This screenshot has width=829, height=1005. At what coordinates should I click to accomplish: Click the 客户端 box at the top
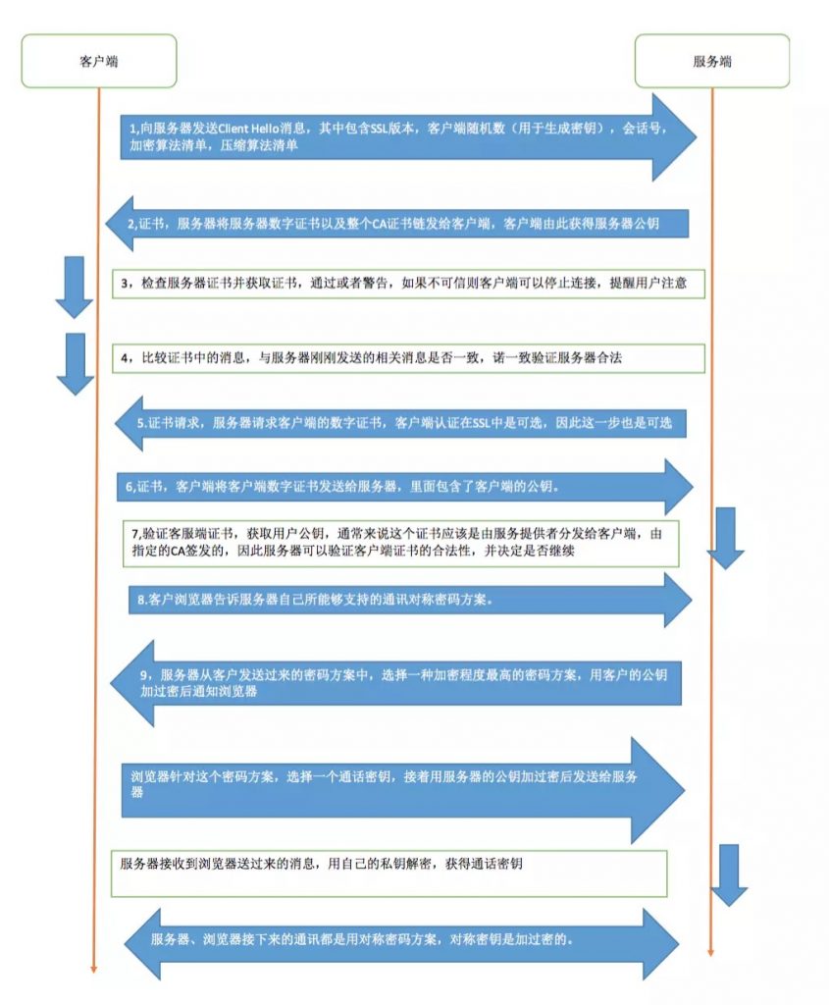[99, 61]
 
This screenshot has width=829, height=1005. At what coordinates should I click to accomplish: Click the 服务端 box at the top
[711, 61]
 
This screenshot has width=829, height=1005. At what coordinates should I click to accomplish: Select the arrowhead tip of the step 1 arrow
[697, 136]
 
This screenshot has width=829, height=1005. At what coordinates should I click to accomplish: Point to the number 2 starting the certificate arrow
[131, 225]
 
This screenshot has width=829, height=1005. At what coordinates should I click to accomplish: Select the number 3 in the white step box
[125, 284]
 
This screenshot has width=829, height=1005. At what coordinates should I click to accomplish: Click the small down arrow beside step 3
[75, 288]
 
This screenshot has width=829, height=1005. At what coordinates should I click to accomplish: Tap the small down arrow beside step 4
[76, 364]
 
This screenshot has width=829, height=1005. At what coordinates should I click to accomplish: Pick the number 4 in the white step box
[125, 358]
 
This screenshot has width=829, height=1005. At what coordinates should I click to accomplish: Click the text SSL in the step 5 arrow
[481, 423]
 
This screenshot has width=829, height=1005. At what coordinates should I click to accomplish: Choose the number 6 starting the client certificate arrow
[129, 487]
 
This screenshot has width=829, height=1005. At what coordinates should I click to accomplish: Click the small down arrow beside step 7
[725, 539]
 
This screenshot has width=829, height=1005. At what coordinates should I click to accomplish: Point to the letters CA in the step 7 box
[178, 551]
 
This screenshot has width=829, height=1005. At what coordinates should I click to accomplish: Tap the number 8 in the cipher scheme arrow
[141, 600]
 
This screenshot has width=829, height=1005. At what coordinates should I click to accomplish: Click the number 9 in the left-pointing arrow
[144, 675]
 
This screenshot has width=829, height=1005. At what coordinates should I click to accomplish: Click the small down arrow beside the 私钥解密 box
[729, 874]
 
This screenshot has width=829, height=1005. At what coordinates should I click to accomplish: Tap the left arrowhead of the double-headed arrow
[141, 943]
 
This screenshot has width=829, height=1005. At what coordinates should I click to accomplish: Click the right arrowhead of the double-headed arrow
[661, 943]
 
